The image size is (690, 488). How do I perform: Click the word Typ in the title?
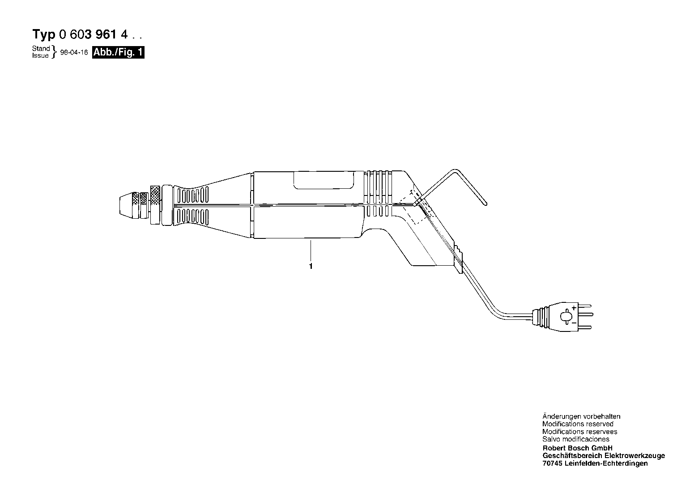43,34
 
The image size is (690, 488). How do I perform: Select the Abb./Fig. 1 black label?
118,52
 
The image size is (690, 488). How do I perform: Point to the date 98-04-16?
74,52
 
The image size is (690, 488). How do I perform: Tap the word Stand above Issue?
41,48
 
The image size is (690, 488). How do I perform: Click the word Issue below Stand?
40,55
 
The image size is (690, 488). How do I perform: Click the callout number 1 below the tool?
311,266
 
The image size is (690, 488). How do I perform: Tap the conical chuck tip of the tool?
126,205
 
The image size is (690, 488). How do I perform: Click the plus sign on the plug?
574,308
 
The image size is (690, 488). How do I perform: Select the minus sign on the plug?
574,323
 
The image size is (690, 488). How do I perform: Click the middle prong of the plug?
585,314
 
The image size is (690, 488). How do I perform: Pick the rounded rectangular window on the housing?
324,180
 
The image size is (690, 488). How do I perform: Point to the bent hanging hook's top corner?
455,170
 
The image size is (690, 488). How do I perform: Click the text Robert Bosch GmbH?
578,448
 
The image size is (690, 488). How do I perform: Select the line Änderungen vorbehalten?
581,416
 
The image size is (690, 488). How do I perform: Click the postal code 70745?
553,463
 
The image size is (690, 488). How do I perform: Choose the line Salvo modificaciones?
576,439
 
